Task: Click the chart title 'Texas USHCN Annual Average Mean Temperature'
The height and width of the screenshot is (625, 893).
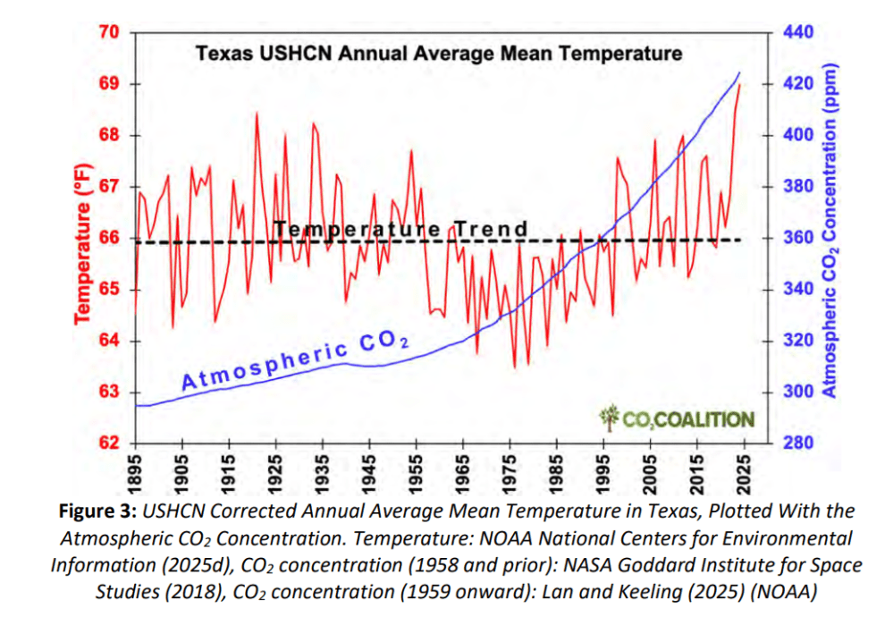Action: pos(438,54)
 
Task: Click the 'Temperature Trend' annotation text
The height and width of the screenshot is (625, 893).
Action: pos(401,230)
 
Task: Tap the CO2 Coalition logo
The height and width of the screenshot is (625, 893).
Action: pos(677,418)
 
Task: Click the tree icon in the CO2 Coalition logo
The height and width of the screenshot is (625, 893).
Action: pos(610,417)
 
